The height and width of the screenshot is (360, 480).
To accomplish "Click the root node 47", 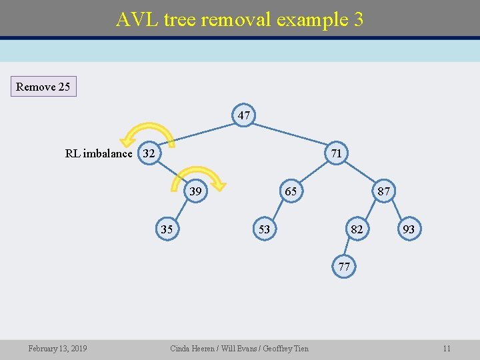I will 244,115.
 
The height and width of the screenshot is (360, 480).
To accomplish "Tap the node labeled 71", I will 337,153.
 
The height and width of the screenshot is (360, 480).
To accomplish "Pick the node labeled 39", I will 195,191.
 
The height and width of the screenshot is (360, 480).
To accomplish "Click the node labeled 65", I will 291,191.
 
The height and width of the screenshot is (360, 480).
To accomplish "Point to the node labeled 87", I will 384,191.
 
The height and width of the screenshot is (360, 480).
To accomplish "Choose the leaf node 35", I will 167,229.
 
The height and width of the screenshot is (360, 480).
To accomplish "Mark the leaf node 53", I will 264,229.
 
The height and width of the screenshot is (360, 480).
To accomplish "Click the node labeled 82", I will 357,229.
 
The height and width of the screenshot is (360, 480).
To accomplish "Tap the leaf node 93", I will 409,229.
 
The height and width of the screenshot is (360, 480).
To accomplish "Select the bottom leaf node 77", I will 344,267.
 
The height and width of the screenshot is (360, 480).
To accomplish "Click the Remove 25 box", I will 43,87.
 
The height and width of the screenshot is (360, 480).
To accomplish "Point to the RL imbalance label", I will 99,153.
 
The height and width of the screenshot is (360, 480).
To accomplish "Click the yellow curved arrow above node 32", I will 148,131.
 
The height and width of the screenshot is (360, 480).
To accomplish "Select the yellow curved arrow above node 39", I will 200,173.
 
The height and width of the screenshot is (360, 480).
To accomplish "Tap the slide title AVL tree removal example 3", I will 240,19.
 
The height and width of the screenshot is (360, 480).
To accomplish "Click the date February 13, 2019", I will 57,348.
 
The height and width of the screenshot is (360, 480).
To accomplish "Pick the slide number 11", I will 447,348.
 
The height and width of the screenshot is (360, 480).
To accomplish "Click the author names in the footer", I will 239,348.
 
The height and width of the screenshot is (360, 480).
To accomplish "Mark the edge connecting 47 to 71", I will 291,134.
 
